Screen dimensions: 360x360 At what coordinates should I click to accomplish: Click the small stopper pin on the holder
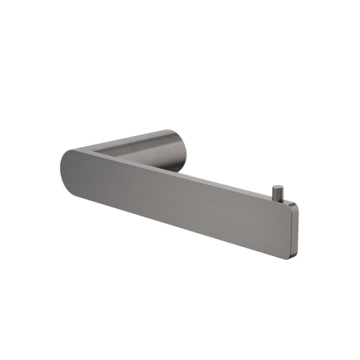(277, 192)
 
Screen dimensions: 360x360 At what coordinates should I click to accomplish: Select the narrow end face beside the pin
(294, 230)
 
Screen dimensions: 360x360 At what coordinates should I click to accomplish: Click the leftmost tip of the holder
(61, 165)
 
